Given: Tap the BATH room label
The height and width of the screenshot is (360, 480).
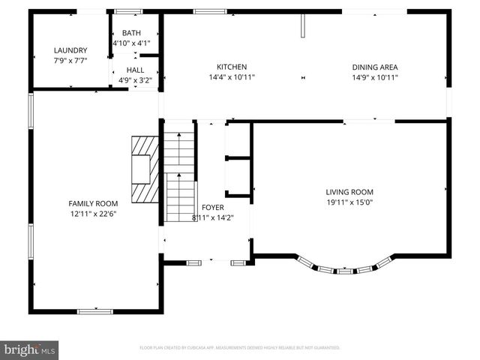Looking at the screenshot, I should (131, 33).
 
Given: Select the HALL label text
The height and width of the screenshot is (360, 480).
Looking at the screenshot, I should (135, 70).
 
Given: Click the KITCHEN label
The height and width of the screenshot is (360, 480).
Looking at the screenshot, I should (232, 67).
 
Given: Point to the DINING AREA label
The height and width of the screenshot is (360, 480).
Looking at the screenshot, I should (374, 67).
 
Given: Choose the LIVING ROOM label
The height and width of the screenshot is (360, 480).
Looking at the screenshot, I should (349, 191).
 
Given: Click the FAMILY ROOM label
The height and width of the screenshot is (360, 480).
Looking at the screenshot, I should (93, 203).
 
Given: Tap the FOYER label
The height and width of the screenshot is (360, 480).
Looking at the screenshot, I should (212, 208).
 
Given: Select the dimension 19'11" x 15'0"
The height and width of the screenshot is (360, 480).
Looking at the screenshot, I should (349, 201).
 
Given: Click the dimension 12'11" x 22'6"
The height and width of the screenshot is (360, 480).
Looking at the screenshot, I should (93, 213).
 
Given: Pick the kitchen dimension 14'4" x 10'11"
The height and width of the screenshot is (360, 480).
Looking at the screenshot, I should (232, 76).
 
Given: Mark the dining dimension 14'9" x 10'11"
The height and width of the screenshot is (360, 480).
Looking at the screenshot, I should (374, 76).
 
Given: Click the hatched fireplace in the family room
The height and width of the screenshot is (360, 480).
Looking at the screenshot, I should (144, 170).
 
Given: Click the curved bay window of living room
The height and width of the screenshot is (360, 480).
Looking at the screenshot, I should (344, 268).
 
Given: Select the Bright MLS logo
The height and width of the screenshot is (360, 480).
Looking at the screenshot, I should (29, 349).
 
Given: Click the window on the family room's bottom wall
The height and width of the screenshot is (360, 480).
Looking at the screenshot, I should (94, 310).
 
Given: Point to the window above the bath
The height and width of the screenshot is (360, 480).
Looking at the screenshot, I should (128, 11).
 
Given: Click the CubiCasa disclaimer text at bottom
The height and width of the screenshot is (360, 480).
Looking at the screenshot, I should (239, 348).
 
